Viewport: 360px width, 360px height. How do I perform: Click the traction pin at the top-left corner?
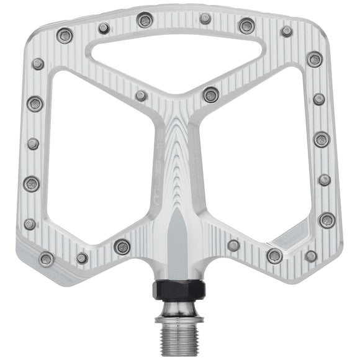pos(65,35)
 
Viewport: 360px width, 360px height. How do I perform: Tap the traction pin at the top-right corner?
pos(286,31)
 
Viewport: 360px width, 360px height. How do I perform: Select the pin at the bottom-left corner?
pos(46,259)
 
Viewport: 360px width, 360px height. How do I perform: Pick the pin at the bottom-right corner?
pos(311,256)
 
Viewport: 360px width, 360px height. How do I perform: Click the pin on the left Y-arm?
pos(142,96)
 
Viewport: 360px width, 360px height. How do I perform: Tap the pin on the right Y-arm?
pos(211,94)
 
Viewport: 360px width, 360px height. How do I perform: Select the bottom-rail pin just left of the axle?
pos(122,246)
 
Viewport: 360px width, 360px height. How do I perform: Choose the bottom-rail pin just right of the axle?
pos(233,245)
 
